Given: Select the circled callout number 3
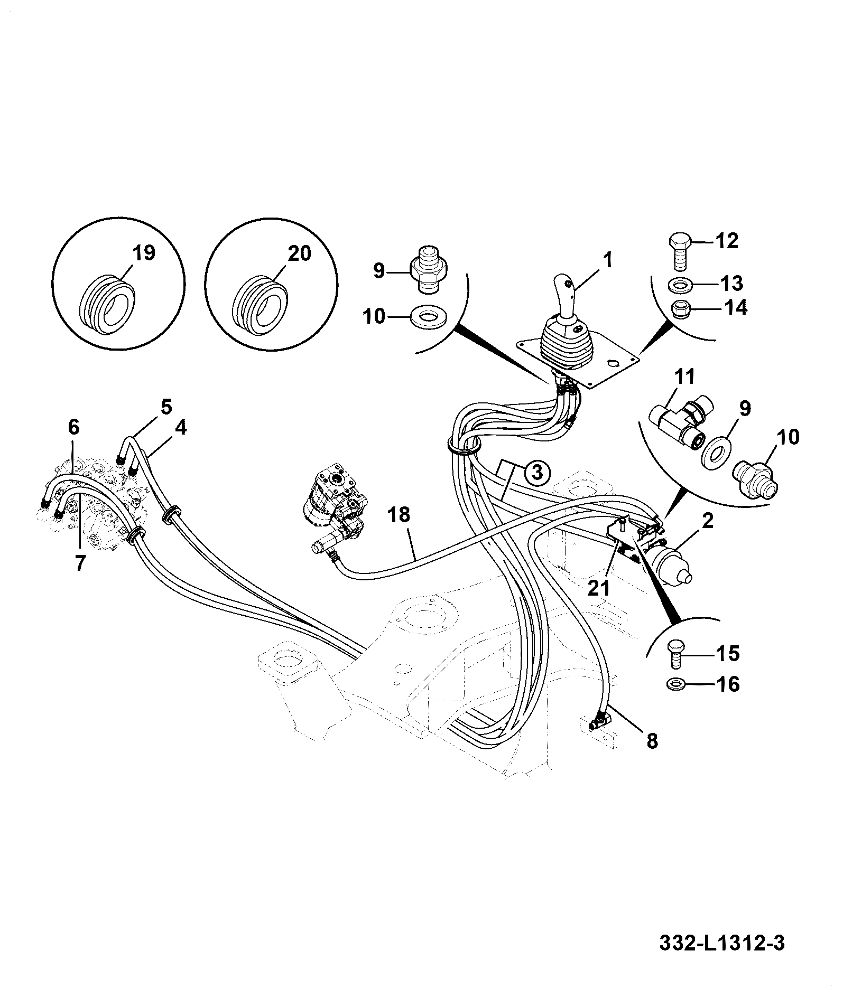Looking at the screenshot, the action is [536, 472].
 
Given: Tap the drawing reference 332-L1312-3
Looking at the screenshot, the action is [722, 942].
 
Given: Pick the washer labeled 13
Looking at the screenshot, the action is [681, 286].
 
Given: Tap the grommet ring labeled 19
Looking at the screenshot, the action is [107, 303].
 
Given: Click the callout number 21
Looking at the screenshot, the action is [599, 588].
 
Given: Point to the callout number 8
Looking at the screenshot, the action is [652, 740].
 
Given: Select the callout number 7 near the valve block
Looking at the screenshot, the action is [79, 563].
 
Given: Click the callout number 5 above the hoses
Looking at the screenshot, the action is [166, 408].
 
